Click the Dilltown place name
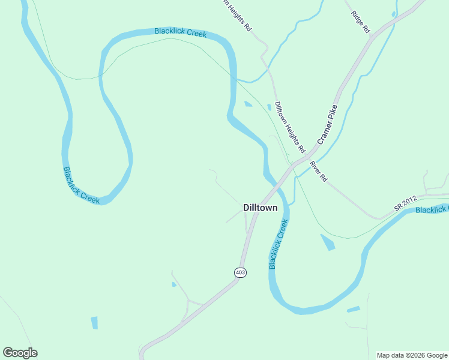coord(261,208)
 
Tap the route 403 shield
coord(240,272)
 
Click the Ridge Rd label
coord(361,21)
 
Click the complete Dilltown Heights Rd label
coord(290,127)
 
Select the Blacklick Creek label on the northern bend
coord(180,32)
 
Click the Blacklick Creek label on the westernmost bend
coord(81,185)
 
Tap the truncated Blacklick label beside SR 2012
coord(432,209)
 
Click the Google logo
coord(20,353)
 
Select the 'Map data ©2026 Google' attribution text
coord(412,355)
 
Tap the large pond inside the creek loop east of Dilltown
coord(328,242)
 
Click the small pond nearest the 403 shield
coord(174,284)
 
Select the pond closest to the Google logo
coord(94,322)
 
